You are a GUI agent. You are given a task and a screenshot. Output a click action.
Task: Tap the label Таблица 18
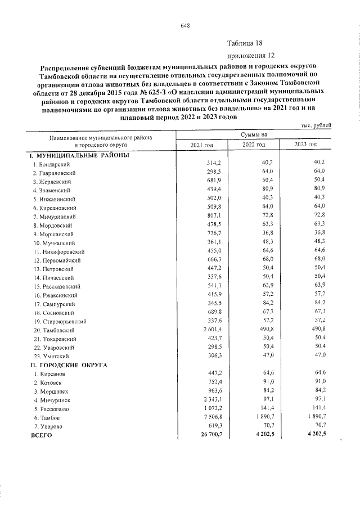click(x=245, y=43)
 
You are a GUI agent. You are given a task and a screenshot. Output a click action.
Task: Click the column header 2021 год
click(x=201, y=145)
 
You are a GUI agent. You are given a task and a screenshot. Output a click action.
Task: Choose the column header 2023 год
click(x=306, y=145)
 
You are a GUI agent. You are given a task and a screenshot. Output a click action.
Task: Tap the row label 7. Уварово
click(x=48, y=426)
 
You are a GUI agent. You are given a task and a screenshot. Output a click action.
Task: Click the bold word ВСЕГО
click(x=42, y=435)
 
